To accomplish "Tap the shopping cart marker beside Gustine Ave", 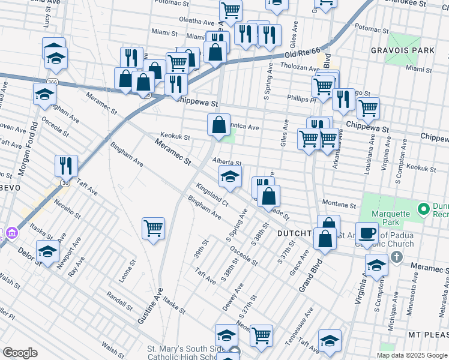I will tap(154, 229).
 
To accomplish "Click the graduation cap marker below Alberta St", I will tap(230, 177).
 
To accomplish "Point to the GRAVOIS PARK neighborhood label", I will tap(402, 50).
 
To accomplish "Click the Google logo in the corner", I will tap(20, 352).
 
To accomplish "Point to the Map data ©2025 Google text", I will tap(411, 355).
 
